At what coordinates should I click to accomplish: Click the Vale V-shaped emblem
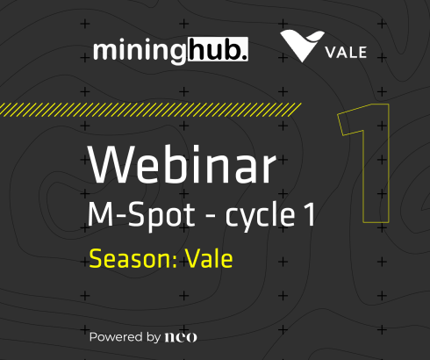click(x=299, y=47)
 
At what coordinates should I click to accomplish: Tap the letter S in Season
click(x=95, y=259)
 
